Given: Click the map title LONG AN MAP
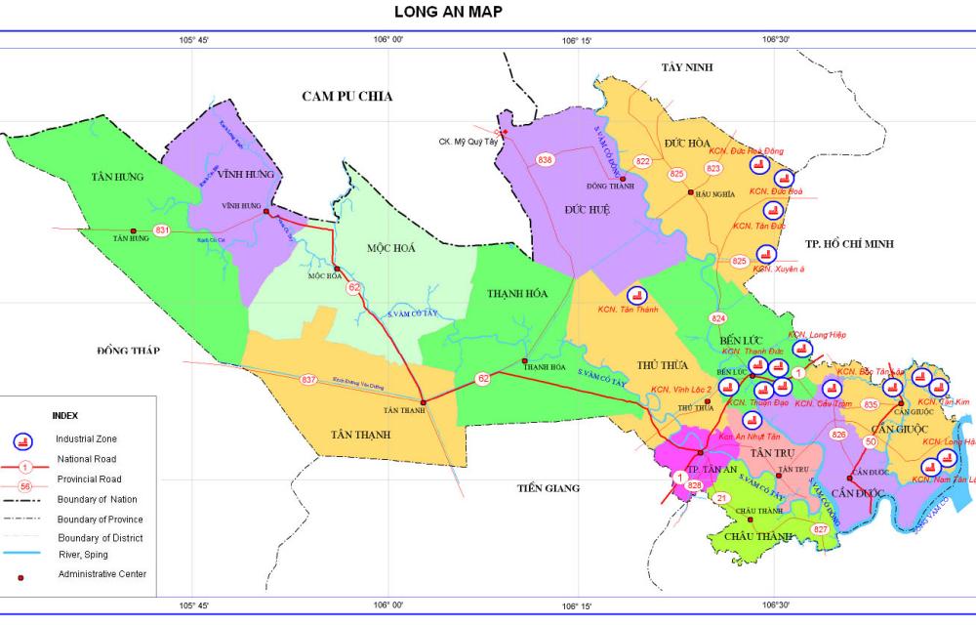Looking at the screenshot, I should (449, 12).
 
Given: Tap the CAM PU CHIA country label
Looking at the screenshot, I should (346, 96).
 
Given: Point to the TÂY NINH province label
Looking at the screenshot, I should (687, 67).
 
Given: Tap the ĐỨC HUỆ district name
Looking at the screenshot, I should (588, 209).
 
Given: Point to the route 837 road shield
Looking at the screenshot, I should (309, 379).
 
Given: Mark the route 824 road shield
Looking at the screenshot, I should (719, 319).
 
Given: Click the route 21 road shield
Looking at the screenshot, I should (721, 498).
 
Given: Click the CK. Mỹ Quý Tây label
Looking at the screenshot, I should (468, 140).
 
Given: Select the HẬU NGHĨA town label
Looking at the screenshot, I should (717, 194).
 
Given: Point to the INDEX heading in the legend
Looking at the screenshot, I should (64, 415).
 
